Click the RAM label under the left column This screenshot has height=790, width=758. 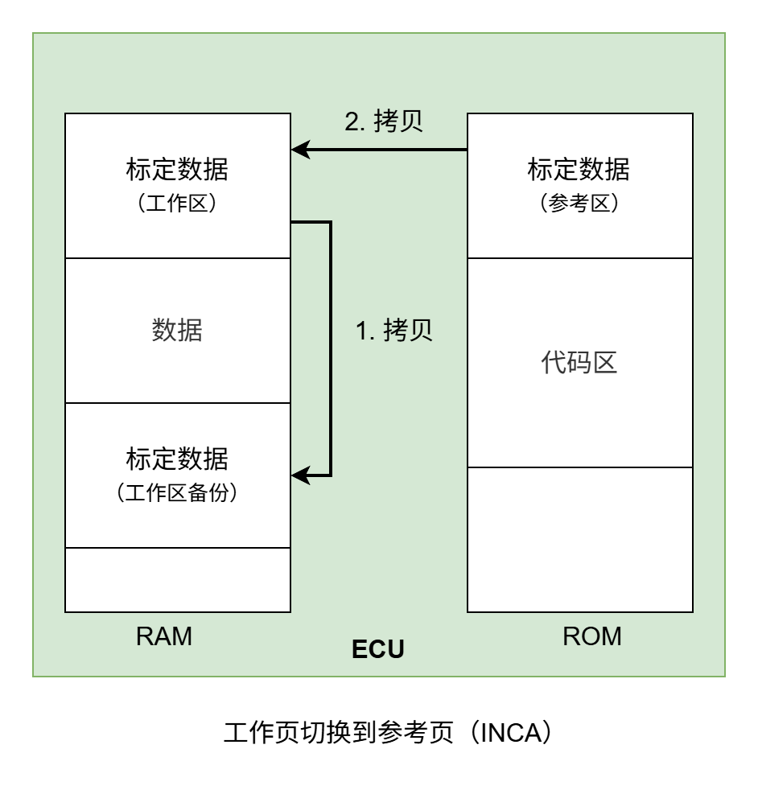pyautogui.click(x=164, y=636)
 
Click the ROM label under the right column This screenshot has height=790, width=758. pyautogui.click(x=591, y=636)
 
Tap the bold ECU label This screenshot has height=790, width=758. pyautogui.click(x=378, y=649)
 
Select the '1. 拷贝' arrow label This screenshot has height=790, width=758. pyautogui.click(x=394, y=331)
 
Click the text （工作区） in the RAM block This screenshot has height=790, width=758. pyautogui.click(x=177, y=204)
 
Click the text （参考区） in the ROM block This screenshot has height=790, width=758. pyautogui.click(x=579, y=204)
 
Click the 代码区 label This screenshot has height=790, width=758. pyautogui.click(x=579, y=363)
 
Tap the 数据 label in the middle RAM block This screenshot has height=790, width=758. pyautogui.click(x=177, y=331)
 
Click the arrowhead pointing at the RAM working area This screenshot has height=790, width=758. pyautogui.click(x=299, y=150)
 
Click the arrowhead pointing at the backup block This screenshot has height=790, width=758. pyautogui.click(x=299, y=475)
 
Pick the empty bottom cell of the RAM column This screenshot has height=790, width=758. pyautogui.click(x=177, y=579)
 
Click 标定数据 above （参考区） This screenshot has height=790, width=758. pyautogui.click(x=579, y=171)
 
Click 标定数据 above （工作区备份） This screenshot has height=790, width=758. pyautogui.click(x=177, y=459)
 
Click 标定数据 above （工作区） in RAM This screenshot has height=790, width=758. pyautogui.click(x=177, y=171)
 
